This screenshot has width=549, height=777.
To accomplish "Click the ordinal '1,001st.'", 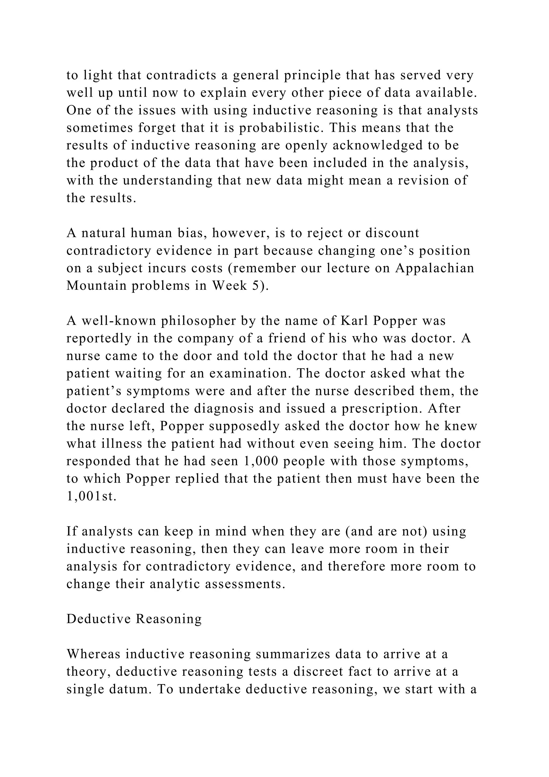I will coord(91,496).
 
